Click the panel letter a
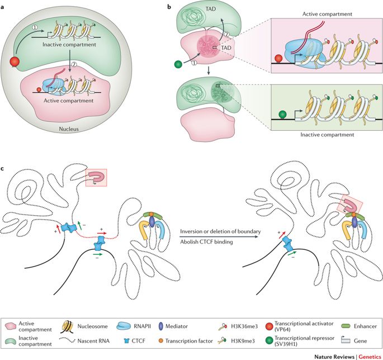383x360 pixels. pyautogui.click(x=5, y=6)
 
